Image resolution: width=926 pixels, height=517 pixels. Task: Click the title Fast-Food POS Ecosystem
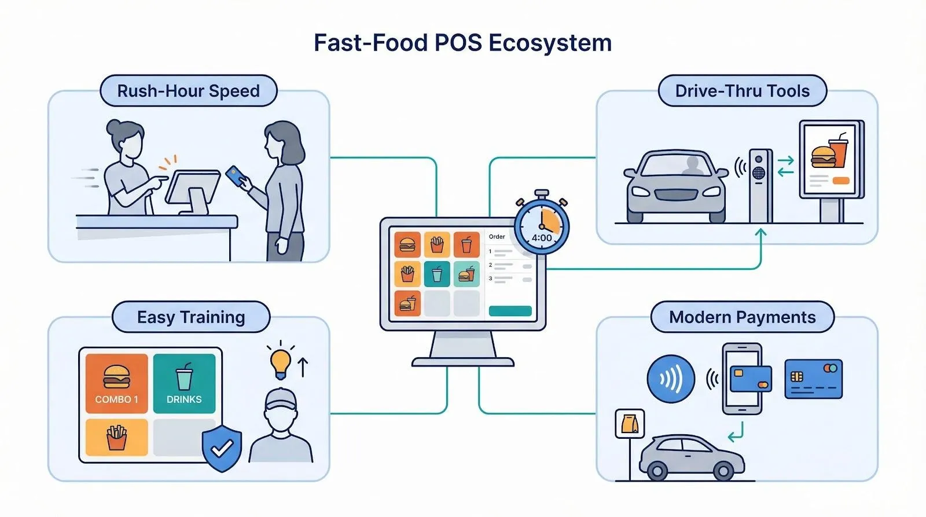tap(462, 43)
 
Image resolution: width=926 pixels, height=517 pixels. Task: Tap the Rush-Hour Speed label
tap(188, 91)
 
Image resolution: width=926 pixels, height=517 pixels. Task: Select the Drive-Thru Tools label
tap(742, 91)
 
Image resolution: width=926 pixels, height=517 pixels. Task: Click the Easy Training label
tap(191, 317)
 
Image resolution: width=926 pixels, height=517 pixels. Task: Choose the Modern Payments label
tap(742, 317)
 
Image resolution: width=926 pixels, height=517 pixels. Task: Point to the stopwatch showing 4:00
tap(542, 226)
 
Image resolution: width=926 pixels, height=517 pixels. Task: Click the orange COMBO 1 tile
tap(117, 383)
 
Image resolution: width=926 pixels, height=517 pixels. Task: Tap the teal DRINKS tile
tap(184, 383)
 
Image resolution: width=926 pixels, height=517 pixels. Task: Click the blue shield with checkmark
tap(222, 448)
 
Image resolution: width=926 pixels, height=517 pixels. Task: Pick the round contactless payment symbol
tap(671, 379)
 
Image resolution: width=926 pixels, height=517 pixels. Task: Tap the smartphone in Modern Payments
tap(742, 379)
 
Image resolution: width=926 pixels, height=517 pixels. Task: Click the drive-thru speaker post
tap(759, 185)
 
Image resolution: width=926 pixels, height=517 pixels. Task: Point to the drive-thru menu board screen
tap(831, 159)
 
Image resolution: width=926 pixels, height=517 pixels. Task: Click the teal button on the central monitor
tap(510, 311)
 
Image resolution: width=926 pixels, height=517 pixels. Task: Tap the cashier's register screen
tap(193, 186)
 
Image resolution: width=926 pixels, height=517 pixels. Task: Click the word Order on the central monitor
tap(497, 236)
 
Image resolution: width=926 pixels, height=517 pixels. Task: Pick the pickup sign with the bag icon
tap(629, 424)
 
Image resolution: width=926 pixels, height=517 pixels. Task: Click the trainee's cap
tap(281, 399)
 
